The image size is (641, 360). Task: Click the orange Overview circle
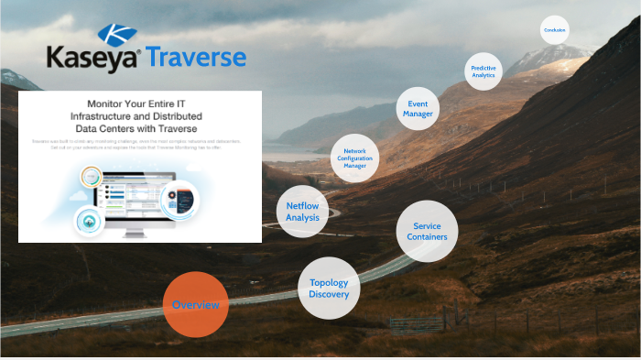pos(195,304)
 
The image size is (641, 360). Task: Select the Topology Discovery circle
pos(328,289)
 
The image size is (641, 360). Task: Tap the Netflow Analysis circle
pos(302,212)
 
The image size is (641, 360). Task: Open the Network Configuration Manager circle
pos(354,158)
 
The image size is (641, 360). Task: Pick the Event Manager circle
pos(418,109)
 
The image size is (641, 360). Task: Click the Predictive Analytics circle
pos(483,71)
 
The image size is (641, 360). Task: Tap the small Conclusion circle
pos(554,30)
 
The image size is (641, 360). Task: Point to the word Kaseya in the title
pos(92,60)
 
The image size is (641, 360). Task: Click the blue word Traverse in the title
pos(197,59)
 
